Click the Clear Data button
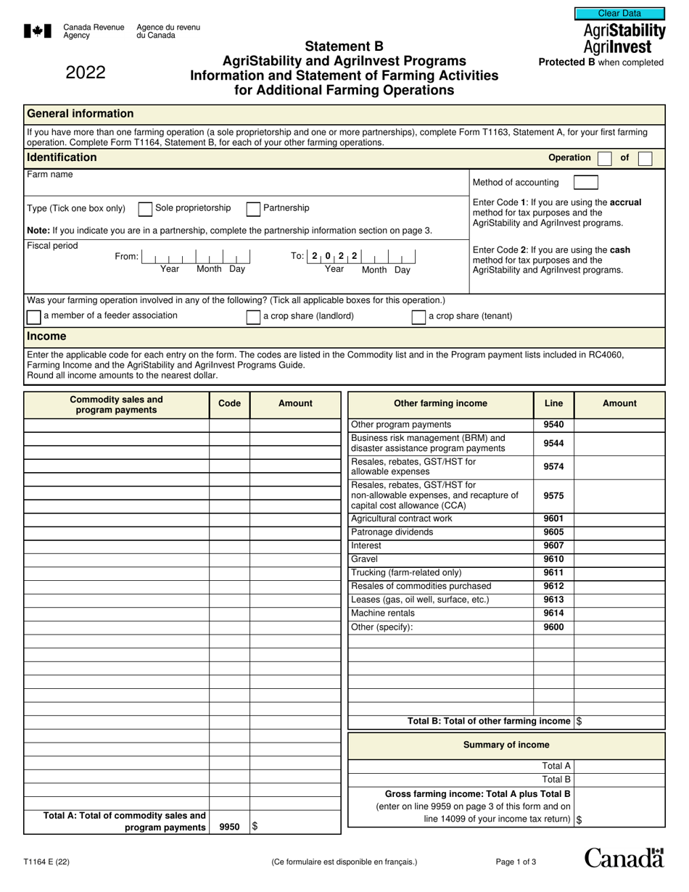(619, 13)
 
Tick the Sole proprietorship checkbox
(144, 209)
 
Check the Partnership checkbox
(253, 209)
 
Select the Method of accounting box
(585, 182)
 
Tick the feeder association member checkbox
(33, 317)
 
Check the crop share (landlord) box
(253, 317)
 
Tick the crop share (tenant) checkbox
(418, 317)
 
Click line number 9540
(553, 425)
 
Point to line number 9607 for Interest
(553, 546)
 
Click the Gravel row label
(365, 559)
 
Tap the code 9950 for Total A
(229, 827)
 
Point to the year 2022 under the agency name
(86, 73)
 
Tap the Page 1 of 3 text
(516, 862)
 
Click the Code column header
(229, 404)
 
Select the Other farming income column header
(440, 404)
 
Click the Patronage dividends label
(392, 532)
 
